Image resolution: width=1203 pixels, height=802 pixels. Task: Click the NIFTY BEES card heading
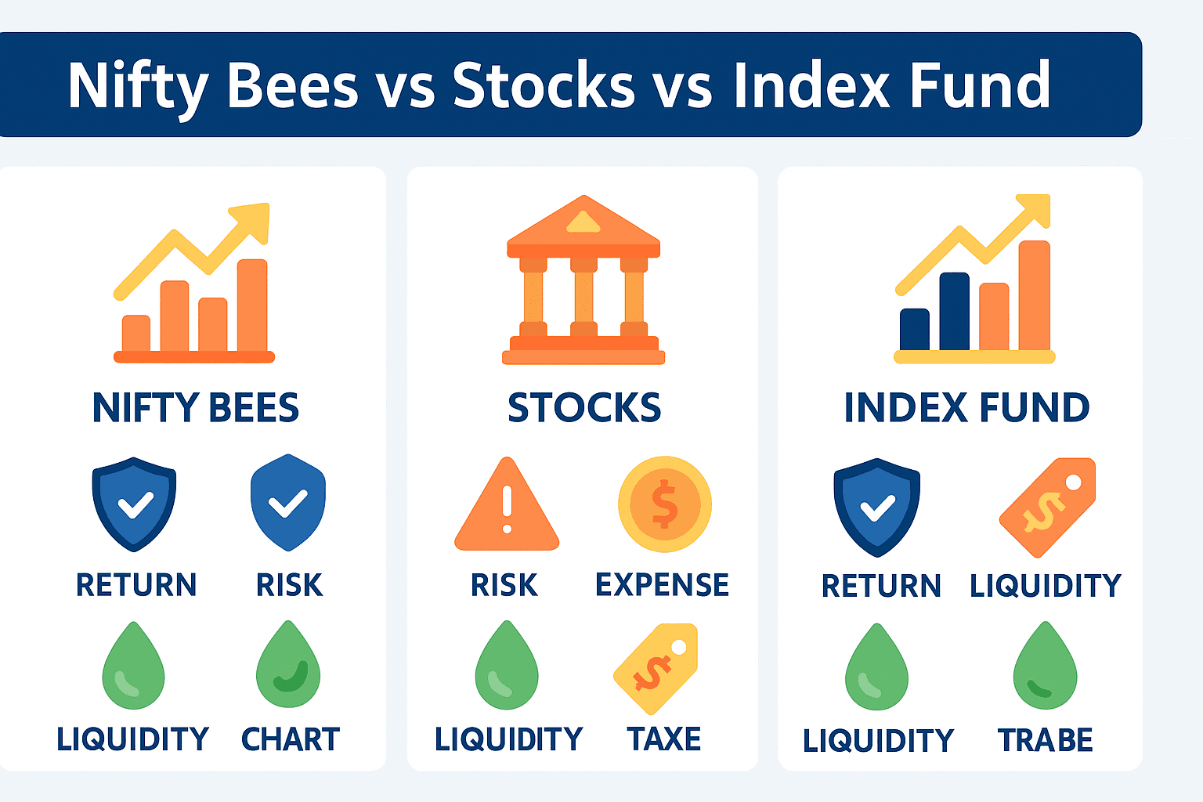196,408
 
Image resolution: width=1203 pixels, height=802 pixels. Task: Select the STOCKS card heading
584,408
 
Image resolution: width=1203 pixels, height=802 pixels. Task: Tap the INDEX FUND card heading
966,408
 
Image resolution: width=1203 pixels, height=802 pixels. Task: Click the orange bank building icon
583,280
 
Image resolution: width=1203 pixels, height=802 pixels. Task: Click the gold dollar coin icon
665,504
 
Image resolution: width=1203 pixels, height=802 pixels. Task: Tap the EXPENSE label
662,584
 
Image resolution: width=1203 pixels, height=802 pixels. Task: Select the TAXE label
664,739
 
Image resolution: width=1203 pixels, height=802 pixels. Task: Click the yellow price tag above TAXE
656,669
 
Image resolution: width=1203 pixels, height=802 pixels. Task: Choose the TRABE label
1045,739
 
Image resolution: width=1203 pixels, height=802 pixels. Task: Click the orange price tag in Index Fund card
1047,507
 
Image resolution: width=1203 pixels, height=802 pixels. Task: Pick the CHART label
291,739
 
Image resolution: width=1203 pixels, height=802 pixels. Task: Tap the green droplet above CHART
288,664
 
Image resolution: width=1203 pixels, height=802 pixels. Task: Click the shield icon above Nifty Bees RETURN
134,504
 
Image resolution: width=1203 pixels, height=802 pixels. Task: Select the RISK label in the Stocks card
504,584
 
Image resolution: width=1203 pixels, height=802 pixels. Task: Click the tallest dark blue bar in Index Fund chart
955,312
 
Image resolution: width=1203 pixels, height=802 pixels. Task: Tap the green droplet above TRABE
1045,666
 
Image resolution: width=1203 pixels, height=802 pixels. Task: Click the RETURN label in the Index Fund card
881,586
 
